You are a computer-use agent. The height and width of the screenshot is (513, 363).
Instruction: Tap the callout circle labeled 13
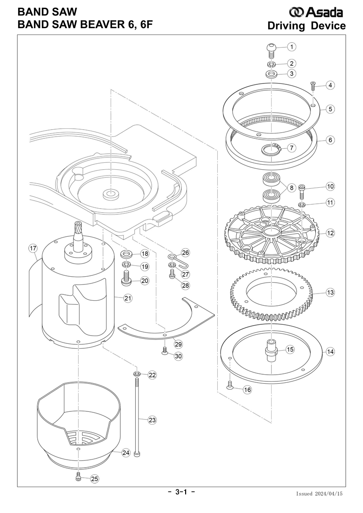(330, 293)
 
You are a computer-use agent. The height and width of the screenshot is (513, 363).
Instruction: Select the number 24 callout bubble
(126, 453)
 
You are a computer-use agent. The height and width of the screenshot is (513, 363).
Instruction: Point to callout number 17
(33, 248)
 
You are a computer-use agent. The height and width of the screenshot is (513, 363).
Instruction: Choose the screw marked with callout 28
(172, 274)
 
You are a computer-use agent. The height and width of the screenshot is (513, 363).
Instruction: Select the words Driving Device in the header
(306, 26)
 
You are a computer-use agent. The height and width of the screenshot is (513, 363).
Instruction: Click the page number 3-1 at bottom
(181, 492)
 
